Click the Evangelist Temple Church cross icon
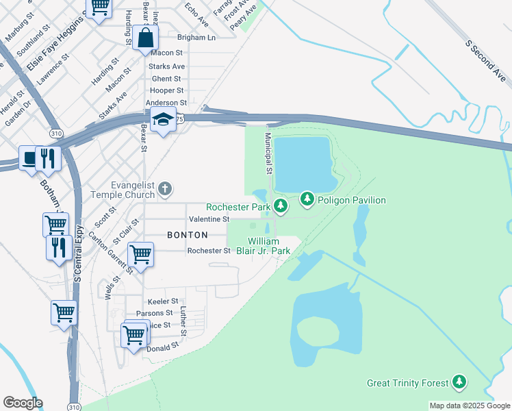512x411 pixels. click(164, 188)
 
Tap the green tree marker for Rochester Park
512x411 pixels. click(280, 206)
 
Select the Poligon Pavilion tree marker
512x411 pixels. click(308, 199)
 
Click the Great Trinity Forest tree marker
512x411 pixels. click(459, 383)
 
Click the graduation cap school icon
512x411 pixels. click(164, 121)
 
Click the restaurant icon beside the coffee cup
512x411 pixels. click(48, 158)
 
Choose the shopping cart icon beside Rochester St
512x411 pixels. click(140, 254)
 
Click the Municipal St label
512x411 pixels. click(269, 153)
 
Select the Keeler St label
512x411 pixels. click(162, 301)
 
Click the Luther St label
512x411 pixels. click(183, 321)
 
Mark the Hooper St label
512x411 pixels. click(167, 90)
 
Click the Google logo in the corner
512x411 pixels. click(23, 403)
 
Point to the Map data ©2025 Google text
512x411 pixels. click(468, 406)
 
